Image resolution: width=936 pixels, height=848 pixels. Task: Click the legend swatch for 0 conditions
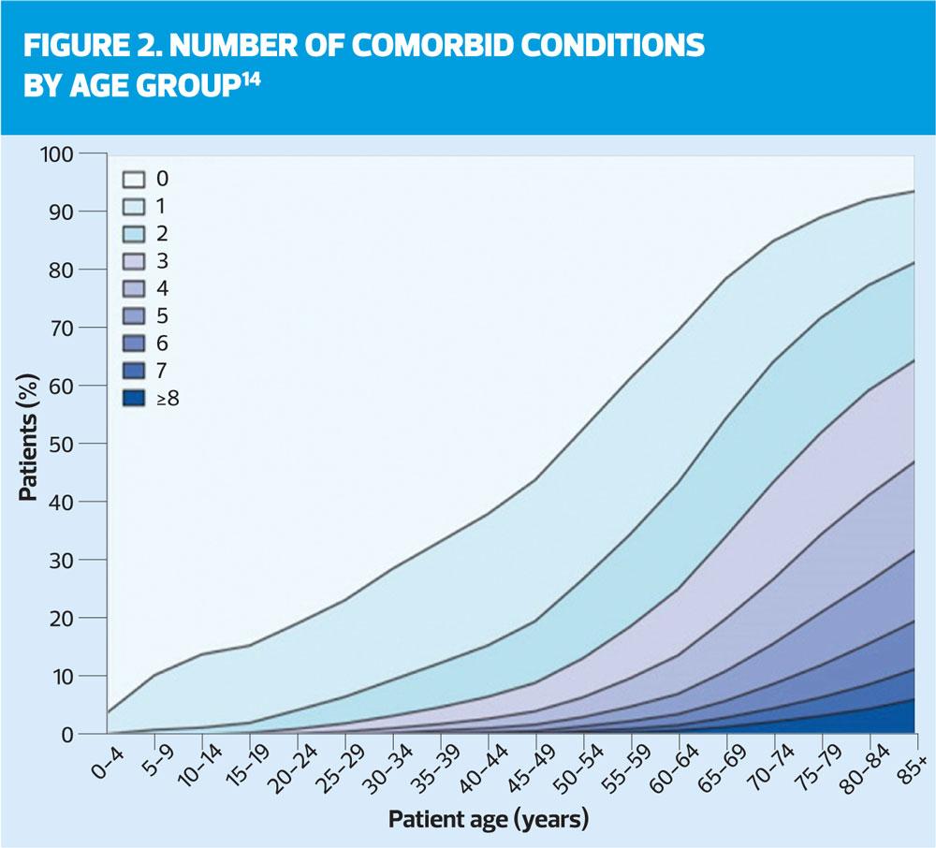click(132, 178)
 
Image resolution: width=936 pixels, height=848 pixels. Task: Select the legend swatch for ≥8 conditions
click(132, 399)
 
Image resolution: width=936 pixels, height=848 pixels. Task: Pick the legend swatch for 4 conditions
click(132, 288)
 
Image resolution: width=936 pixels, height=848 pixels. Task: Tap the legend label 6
click(162, 344)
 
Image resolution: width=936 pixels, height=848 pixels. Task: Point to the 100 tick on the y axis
click(57, 154)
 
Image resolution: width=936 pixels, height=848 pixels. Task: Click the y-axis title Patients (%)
click(29, 443)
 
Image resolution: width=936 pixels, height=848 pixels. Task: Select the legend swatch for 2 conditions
click(132, 233)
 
